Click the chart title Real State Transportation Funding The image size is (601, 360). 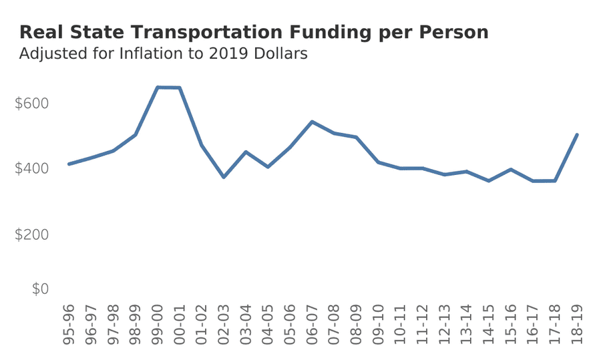tap(254, 32)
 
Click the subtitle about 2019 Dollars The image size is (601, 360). tap(164, 54)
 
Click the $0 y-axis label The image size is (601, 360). tap(40, 289)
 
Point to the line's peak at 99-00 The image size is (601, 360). tap(158, 87)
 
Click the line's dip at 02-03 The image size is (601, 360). tap(224, 177)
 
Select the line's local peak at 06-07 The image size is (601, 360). tap(312, 122)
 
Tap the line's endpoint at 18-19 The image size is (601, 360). tap(577, 134)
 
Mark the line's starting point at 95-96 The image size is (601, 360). tap(69, 164)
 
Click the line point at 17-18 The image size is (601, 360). tap(555, 180)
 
